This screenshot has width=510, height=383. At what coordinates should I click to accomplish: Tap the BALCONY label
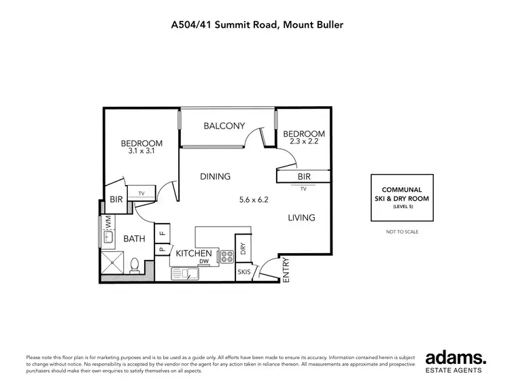tap(224, 125)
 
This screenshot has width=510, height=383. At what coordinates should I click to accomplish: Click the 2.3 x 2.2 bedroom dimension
tap(304, 143)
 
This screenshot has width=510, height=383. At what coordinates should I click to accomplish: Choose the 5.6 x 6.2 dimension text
tap(254, 200)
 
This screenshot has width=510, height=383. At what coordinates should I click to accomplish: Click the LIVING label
tap(301, 218)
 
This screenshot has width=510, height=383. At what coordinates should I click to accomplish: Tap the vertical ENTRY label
tap(286, 269)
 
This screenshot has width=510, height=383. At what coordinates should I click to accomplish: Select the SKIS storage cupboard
tap(244, 271)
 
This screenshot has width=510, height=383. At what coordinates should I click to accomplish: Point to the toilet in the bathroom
tap(135, 263)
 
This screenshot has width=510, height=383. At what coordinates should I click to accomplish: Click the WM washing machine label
tap(107, 222)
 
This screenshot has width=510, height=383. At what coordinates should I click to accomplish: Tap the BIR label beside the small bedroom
tap(303, 176)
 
